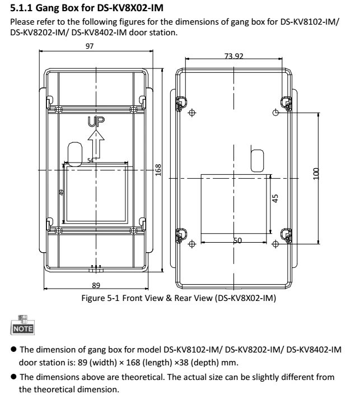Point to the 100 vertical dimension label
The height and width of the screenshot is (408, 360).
(x=316, y=173)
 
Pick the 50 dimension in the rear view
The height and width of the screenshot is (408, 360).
(x=237, y=240)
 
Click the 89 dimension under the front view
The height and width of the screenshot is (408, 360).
(x=96, y=286)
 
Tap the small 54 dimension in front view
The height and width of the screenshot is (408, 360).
(x=91, y=160)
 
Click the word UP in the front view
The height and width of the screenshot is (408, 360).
(x=96, y=120)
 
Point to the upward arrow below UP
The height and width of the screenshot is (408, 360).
(x=96, y=143)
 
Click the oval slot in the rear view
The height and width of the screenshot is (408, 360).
(x=257, y=159)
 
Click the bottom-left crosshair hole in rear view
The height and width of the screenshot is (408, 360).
(x=192, y=244)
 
